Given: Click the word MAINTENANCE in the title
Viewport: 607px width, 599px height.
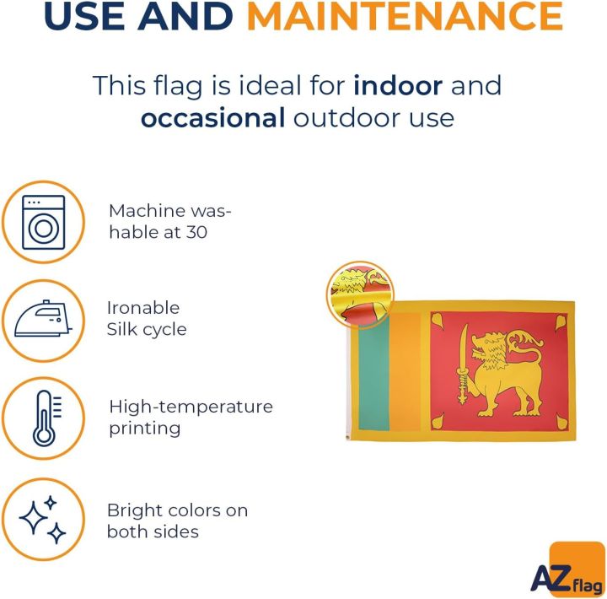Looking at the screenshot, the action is pos(405,16).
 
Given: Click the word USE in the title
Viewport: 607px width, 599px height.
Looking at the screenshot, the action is pos(84,16).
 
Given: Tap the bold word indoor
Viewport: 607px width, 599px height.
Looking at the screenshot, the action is pos(398,85).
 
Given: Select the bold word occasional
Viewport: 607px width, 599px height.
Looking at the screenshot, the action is pos(213,118).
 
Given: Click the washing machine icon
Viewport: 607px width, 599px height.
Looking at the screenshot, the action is pos(43,223).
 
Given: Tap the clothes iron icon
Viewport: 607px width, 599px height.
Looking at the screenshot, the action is pos(43,319).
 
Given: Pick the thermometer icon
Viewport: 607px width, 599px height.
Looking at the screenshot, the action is pos(47,418).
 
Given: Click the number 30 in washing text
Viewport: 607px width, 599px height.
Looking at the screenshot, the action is pos(196,232).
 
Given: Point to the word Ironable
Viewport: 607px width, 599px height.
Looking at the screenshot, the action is pos(143,308).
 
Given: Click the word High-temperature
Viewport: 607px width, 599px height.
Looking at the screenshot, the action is pos(191,407).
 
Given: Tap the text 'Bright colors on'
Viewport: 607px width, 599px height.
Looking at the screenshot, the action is pos(177,510).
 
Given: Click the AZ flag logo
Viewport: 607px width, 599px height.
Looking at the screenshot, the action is pos(569,569).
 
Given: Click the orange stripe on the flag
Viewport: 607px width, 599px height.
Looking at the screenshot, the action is pos(405,372).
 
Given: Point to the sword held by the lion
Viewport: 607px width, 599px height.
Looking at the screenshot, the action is pos(463,364).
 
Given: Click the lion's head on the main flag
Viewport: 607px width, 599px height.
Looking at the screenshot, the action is pos(489,348).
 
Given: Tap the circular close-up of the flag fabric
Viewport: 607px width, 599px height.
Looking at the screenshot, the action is pos(360,294).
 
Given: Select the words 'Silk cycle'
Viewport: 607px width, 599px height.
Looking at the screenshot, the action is pos(147,330).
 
